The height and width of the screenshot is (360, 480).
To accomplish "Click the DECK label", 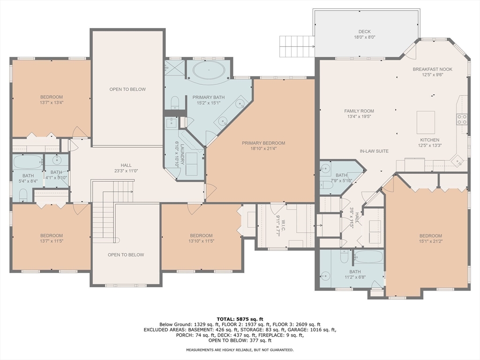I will tap(364, 32).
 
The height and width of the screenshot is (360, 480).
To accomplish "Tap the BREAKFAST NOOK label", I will tap(432, 69).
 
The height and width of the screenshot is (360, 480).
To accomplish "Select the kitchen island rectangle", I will tap(425, 122).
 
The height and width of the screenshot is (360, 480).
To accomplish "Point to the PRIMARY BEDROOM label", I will tap(263, 143).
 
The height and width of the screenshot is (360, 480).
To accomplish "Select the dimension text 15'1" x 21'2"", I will tap(430, 242).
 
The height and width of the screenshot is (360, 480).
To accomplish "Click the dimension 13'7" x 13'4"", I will tap(51, 103).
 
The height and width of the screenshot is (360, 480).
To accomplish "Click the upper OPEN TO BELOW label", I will tap(127, 90).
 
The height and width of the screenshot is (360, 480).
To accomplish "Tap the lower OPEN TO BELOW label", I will tap(126, 255).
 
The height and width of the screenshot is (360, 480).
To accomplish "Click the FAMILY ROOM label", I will tap(359, 111).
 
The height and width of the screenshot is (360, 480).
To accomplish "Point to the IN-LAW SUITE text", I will tap(374, 151).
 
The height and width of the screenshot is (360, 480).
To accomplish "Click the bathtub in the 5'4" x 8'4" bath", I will tap(28, 162).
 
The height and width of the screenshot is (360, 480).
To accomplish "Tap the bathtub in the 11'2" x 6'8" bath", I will tap(368, 257).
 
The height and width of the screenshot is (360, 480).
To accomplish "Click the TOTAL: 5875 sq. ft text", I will tap(240, 319).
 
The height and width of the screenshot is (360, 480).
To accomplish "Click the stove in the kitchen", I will tap(462, 119).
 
